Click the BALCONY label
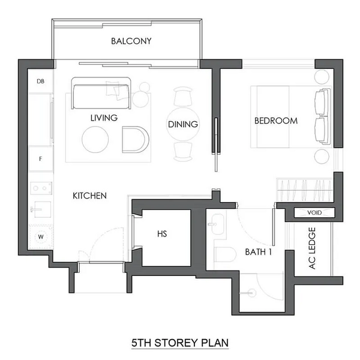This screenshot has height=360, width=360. coord(131,41)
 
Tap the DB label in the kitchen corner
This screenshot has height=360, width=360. coord(41,81)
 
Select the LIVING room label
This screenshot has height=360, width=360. coord(104,118)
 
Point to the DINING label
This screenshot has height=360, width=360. coord(183,124)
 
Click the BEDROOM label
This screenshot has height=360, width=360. coord(276,121)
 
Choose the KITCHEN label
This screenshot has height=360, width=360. coord(89,196)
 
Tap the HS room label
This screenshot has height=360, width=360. coord(161,233)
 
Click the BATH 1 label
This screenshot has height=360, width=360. coord(259,253)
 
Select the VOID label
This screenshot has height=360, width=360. coord(314,213)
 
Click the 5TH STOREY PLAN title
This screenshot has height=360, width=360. coord(180,344)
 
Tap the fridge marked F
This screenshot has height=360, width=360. coord(41,159)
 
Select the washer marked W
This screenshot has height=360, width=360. coord(41,237)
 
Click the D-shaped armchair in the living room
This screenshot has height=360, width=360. coord(135,140)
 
